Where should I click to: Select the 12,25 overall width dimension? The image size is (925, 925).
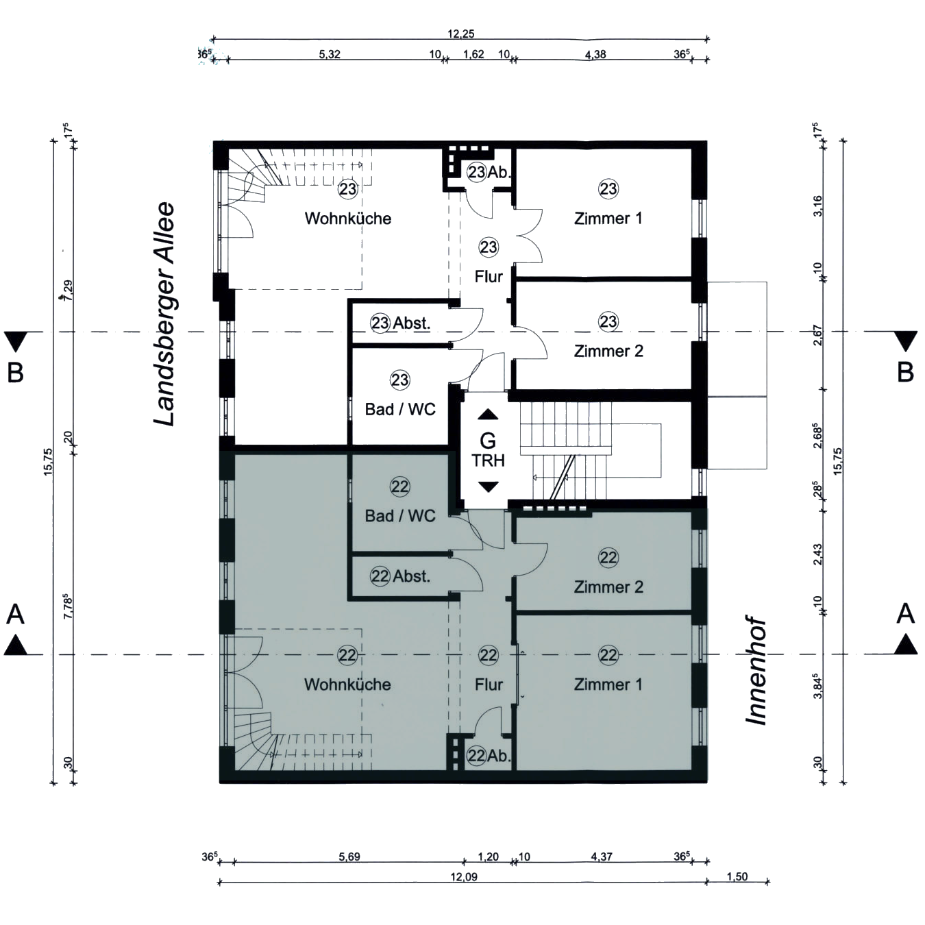461,34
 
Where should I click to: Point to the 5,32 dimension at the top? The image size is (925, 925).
330,54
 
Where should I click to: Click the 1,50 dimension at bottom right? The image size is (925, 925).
737,877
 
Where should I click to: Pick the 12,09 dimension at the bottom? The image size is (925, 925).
464,877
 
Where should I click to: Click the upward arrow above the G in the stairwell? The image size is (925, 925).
488,415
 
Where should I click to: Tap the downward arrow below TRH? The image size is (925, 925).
488,486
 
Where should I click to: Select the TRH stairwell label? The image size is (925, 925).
488,461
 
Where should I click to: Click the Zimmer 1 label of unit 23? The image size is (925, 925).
608,219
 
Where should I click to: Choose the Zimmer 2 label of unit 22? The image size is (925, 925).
608,587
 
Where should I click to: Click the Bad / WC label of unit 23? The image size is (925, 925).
400,410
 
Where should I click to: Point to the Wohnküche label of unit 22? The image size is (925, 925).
347,684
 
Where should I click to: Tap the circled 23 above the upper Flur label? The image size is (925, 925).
489,247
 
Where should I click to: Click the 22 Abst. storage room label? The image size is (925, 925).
400,576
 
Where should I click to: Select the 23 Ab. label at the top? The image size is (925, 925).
489,172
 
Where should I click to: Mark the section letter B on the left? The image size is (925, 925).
15,373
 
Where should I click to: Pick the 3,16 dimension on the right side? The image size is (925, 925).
817,206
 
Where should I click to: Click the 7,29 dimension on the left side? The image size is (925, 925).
68,290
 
